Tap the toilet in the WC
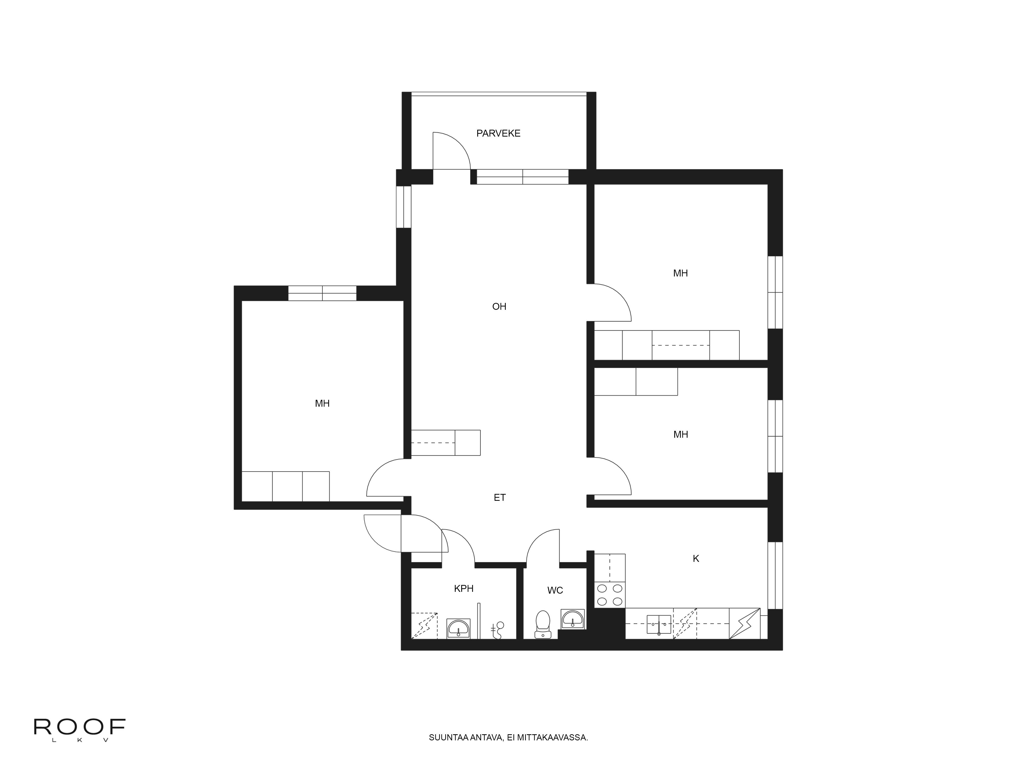(x=543, y=623)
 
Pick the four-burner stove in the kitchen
(x=610, y=595)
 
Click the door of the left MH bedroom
(x=384, y=478)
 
